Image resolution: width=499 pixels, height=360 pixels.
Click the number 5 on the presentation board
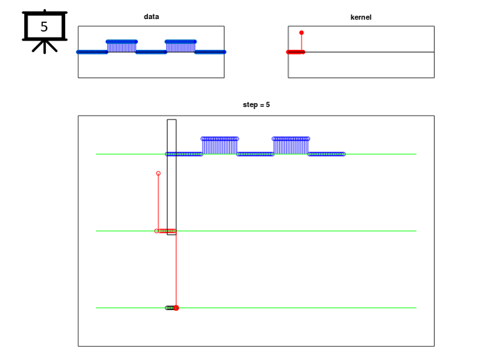pyautogui.click(x=44, y=27)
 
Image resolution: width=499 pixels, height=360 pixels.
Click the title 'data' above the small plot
pyautogui.click(x=151, y=16)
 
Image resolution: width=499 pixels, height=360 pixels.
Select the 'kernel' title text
pyautogui.click(x=361, y=17)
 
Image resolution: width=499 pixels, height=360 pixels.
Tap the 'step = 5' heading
pyautogui.click(x=256, y=104)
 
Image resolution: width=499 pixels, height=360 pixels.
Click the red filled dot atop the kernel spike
pyautogui.click(x=301, y=33)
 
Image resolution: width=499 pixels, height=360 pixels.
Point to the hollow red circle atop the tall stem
pyautogui.click(x=158, y=173)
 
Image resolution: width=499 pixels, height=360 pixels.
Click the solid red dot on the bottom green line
pyautogui.click(x=176, y=308)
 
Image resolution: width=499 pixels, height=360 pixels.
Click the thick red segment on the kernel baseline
pyautogui.click(x=296, y=52)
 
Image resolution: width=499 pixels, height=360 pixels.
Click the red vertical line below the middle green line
pyautogui.click(x=176, y=269)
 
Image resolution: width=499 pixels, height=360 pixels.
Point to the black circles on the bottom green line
pyautogui.click(x=170, y=308)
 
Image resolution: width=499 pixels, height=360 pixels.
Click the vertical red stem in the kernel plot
pyautogui.click(x=301, y=43)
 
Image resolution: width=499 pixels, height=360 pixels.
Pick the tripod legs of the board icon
pyautogui.click(x=45, y=47)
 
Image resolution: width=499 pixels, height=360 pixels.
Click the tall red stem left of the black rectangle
pyautogui.click(x=158, y=202)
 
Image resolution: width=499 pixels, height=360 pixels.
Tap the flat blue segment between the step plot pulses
pyautogui.click(x=255, y=154)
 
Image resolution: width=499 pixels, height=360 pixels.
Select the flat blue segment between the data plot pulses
pyautogui.click(x=151, y=52)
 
